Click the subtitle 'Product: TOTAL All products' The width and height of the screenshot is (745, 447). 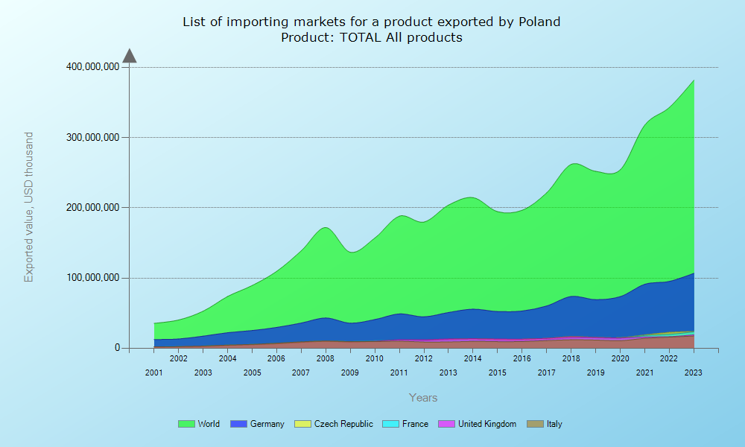[x=372, y=37]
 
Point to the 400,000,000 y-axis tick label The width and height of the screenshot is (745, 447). [x=92, y=67]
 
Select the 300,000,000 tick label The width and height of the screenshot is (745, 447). [x=92, y=137]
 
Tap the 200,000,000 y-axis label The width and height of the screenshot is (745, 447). [x=92, y=208]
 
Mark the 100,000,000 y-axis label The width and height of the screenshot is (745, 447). [x=92, y=278]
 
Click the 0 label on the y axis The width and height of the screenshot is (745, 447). [x=117, y=348]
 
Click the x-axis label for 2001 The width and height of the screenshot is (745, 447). [x=154, y=372]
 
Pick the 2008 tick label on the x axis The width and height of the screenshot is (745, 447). [x=326, y=358]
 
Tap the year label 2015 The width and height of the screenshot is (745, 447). [x=497, y=372]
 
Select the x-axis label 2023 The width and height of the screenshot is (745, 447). [x=694, y=372]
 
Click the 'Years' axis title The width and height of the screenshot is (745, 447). [x=423, y=398]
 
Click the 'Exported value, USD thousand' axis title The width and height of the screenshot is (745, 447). [x=29, y=207]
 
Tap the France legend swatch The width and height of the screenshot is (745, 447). [x=390, y=424]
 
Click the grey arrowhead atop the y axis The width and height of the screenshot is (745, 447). [x=130, y=56]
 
